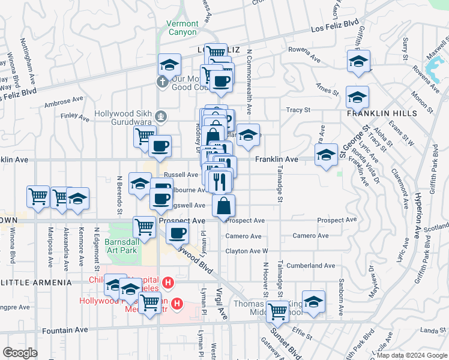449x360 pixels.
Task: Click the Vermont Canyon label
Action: pyautogui.click(x=182, y=28)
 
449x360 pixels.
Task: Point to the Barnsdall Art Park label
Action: pyautogui.click(x=122, y=247)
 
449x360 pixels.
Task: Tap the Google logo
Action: pyautogui.click(x=20, y=353)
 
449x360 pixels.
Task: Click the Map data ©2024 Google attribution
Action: pyautogui.click(x=411, y=355)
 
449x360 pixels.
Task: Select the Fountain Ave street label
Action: pyautogui.click(x=65, y=330)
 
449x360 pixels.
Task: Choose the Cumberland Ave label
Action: pyautogui.click(x=310, y=265)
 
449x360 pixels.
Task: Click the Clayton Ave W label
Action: pyautogui.click(x=247, y=251)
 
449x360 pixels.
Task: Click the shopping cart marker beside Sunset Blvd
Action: pyautogui.click(x=277, y=310)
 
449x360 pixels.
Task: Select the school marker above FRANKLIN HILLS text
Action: pyautogui.click(x=357, y=96)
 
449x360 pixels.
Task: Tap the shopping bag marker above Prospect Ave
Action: pyautogui.click(x=223, y=205)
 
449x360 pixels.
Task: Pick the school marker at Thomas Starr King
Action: pyautogui.click(x=313, y=301)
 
